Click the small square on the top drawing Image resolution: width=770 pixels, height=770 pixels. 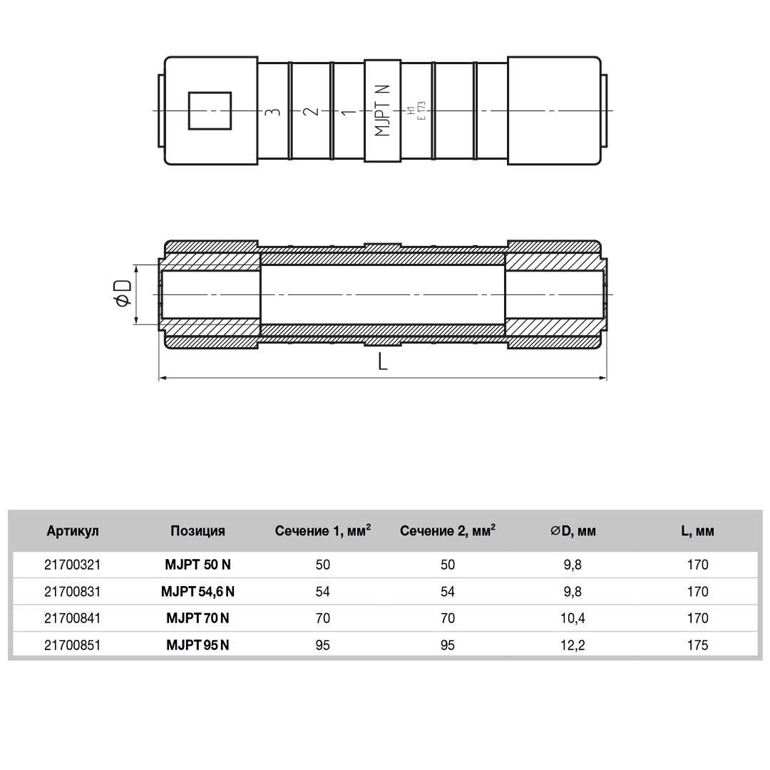210,111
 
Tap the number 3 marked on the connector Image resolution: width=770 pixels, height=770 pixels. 271,112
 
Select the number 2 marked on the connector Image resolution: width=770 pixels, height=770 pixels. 310,112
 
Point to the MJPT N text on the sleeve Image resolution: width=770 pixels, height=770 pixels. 383,111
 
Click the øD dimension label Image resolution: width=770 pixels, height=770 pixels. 123,294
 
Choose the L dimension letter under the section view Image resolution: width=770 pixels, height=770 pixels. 383,362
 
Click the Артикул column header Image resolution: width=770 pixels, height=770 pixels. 73,531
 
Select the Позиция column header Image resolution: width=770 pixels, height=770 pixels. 197,531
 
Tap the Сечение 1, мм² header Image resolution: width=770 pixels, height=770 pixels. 322,530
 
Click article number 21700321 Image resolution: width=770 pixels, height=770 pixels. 73,565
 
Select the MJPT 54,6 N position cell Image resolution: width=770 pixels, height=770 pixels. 197,591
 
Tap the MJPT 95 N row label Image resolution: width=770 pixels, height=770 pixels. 197,645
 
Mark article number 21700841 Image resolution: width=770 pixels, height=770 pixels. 73,618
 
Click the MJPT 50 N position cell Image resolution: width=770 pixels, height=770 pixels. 197,565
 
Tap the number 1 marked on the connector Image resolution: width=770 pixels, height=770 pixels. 347,112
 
